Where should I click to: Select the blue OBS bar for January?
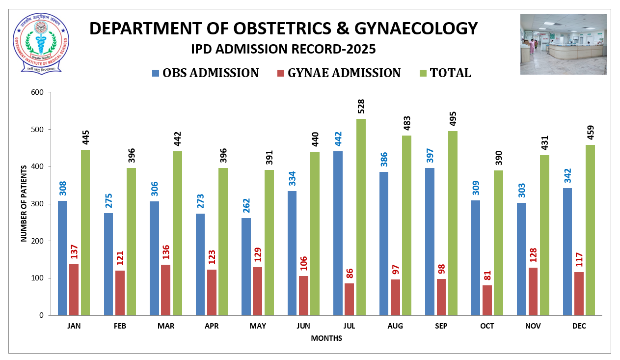(x=62, y=258)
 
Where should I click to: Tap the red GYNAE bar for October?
(x=487, y=300)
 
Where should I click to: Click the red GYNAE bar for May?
(x=257, y=291)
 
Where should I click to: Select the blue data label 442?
(x=338, y=139)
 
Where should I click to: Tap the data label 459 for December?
(x=591, y=133)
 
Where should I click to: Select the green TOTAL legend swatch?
(x=423, y=73)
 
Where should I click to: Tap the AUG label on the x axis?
(x=395, y=326)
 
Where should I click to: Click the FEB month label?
(x=120, y=326)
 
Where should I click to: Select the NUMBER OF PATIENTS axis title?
(x=23, y=203)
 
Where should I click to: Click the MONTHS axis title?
(x=326, y=338)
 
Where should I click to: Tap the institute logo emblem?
(x=41, y=43)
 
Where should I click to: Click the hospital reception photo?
(x=563, y=44)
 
